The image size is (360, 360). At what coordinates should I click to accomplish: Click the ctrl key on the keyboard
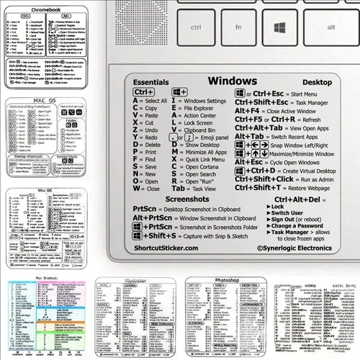pyautogui.click(x=194, y=26)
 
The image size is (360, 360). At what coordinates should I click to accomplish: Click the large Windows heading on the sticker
pyautogui.click(x=232, y=81)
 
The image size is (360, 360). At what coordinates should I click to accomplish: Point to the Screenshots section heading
pyautogui.click(x=186, y=197)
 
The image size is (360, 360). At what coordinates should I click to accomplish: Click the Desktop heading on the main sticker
pyautogui.click(x=316, y=82)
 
